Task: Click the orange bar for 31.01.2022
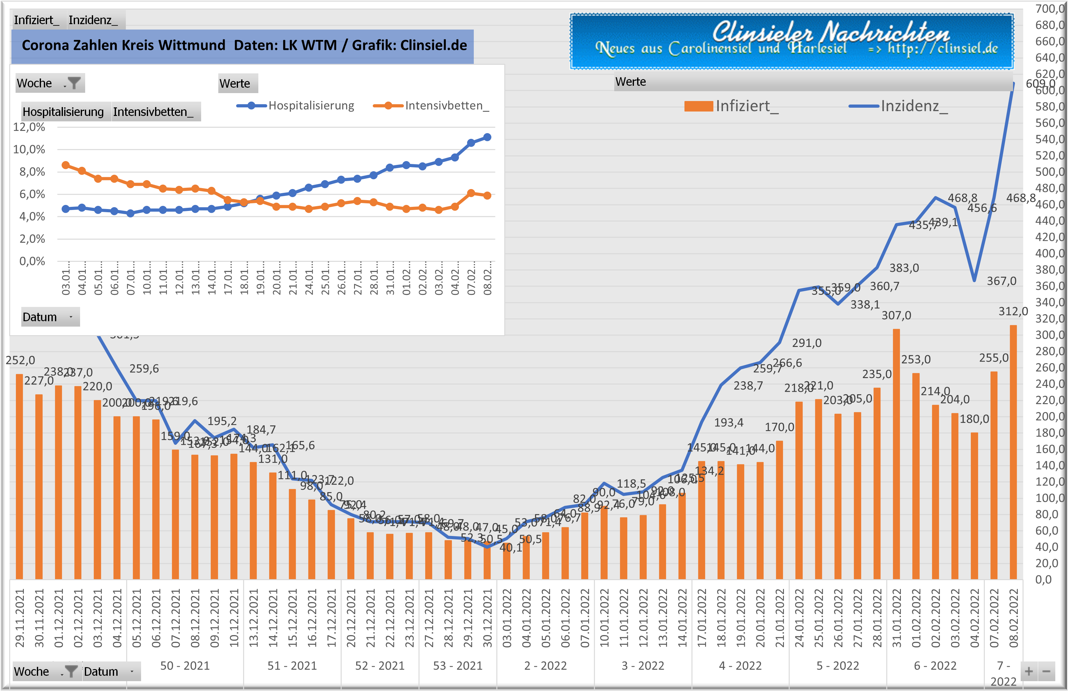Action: tap(896, 453)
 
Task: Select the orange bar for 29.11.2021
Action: tap(19, 476)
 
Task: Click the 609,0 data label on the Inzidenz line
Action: tap(1040, 84)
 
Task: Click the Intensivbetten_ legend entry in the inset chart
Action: tap(431, 106)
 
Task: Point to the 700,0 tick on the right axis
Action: tap(1049, 9)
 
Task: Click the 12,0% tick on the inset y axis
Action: tap(29, 127)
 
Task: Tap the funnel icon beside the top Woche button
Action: tap(74, 83)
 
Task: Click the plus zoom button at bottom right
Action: tap(1029, 672)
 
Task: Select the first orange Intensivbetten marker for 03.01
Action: tap(65, 165)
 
